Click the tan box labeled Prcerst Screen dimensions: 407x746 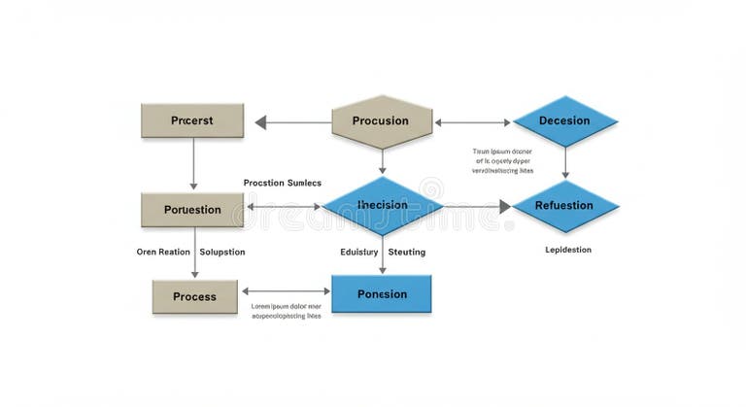point(191,120)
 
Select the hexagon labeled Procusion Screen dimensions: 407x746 point(381,121)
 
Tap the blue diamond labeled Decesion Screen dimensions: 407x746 point(564,121)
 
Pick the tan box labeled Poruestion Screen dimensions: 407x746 point(192,210)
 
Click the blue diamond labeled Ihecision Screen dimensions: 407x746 point(382,206)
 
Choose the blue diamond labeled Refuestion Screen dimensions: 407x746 point(564,206)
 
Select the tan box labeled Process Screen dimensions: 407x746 point(194,296)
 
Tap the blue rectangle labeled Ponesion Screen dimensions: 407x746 point(382,293)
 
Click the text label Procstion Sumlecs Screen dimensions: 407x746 point(282,183)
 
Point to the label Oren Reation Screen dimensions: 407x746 point(163,252)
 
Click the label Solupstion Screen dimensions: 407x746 point(222,252)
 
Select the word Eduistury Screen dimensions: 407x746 point(358,252)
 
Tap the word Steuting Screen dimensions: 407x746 point(407,252)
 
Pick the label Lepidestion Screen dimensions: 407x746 point(568,250)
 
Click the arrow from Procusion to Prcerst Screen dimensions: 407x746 point(292,122)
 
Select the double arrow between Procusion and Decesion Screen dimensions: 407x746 point(473,122)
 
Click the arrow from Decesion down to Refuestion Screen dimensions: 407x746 point(565,163)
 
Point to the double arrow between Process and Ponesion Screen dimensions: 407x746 point(286,290)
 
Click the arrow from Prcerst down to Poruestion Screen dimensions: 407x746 point(193,163)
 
